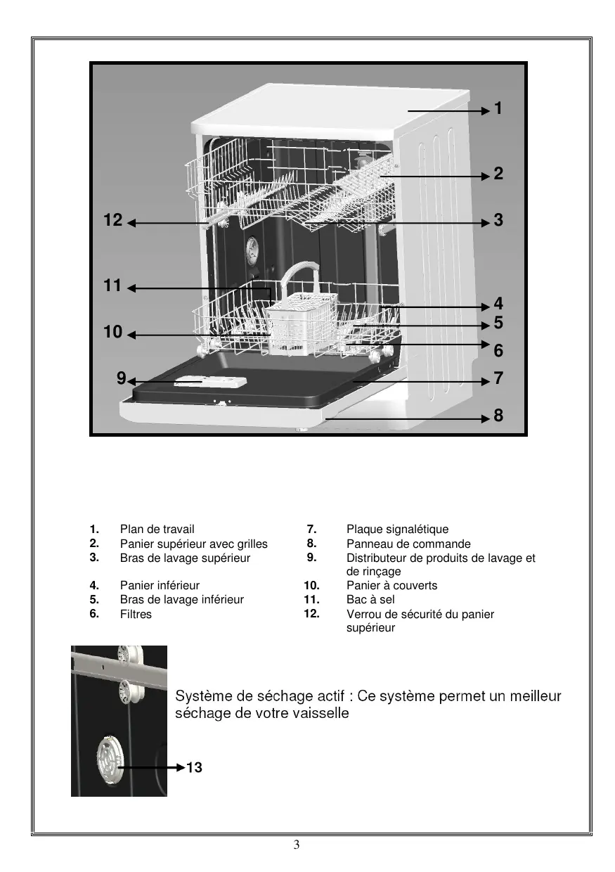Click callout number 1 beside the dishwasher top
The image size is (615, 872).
click(x=498, y=108)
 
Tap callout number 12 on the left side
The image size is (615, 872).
click(x=112, y=220)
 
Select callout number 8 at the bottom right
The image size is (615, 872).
click(x=498, y=416)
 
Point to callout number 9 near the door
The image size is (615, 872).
click(x=121, y=378)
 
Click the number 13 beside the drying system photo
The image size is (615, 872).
click(x=194, y=767)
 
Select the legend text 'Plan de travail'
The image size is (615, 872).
click(x=157, y=529)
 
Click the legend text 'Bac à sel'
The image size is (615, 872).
click(x=370, y=599)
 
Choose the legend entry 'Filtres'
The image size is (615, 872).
click(x=136, y=614)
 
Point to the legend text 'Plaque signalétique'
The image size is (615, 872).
click(x=397, y=529)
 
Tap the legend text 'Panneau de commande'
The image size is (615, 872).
click(x=408, y=544)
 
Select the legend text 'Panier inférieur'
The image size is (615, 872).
click(x=160, y=585)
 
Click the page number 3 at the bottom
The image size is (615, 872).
click(x=297, y=845)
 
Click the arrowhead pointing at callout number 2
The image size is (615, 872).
click(x=486, y=176)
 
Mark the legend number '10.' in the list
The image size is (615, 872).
click(x=311, y=585)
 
